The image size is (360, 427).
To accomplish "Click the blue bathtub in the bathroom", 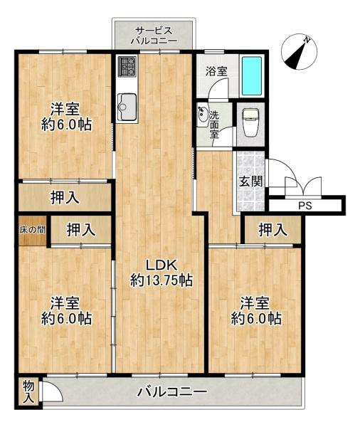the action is [x=252, y=76].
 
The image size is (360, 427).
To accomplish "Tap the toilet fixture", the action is [x=250, y=122].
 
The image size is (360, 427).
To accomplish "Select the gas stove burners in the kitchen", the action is [x=127, y=66].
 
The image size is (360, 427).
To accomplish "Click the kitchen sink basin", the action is [x=127, y=107].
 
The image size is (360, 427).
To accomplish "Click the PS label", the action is [x=305, y=206].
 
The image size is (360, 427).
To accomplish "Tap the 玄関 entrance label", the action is [x=251, y=181].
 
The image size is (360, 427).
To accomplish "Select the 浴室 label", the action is [x=216, y=71].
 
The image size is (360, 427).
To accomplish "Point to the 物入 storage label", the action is [x=28, y=392].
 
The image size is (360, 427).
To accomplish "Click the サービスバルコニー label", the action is [x=154, y=36].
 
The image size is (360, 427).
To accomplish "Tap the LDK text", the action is [x=162, y=265].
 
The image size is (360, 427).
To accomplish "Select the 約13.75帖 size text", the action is [x=162, y=280].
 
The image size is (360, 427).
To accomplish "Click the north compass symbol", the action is [x=299, y=52].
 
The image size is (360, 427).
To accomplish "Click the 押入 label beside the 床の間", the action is [x=81, y=230].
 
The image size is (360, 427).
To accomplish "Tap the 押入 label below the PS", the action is [x=273, y=230].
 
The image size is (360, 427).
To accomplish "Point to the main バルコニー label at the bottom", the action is [x=172, y=392].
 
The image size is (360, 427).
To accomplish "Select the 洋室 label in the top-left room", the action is [x=65, y=109].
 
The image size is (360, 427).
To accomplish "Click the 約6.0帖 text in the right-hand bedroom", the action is [x=256, y=318].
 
